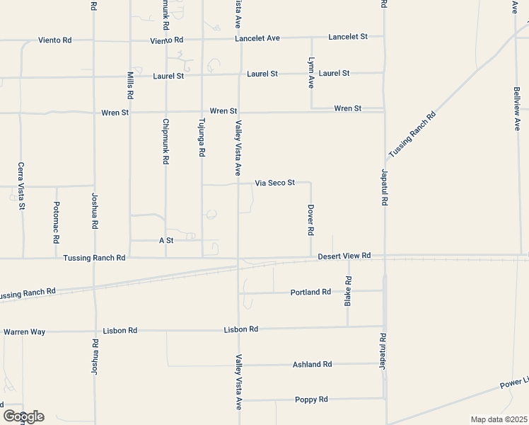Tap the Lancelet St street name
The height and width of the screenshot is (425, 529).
point(348,36)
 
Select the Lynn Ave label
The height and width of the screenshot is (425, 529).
point(310,73)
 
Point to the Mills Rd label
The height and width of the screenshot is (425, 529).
point(130,85)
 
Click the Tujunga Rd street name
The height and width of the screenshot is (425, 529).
point(202,137)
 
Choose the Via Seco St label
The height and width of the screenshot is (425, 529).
point(274,183)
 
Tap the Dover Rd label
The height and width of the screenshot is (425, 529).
point(310,220)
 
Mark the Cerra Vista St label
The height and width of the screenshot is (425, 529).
point(21,186)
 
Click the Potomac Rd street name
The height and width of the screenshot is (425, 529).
point(57,222)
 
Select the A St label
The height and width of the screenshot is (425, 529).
point(166,241)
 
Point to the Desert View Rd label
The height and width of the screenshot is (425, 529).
point(344,256)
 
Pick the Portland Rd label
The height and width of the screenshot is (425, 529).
point(310,292)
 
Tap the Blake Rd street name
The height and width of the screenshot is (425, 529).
point(347,291)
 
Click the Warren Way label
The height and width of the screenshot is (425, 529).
point(24,331)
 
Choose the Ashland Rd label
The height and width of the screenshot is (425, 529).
point(312,364)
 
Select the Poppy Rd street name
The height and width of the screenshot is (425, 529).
point(311,399)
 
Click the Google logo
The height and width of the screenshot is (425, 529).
point(23,416)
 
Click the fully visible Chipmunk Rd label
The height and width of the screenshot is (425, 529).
point(166,141)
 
